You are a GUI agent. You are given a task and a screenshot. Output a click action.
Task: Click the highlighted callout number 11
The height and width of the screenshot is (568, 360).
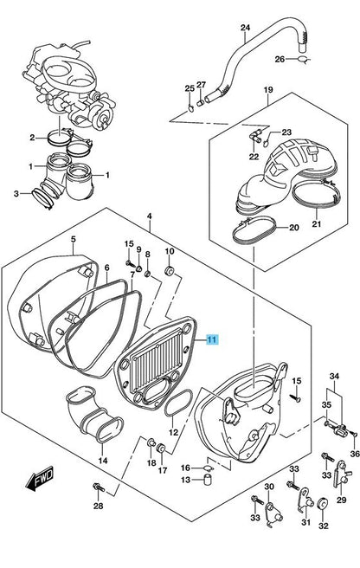pyautogui.click(x=212, y=339)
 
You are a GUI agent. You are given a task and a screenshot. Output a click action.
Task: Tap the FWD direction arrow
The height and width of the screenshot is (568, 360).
pyautogui.click(x=39, y=478)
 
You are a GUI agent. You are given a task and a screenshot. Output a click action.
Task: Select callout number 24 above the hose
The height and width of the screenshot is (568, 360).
pyautogui.click(x=245, y=28)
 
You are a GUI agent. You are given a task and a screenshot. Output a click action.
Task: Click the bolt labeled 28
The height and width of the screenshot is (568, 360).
pyautogui.click(x=99, y=487)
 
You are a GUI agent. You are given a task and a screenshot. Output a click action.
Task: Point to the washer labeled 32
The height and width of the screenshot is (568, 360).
pyautogui.click(x=321, y=505)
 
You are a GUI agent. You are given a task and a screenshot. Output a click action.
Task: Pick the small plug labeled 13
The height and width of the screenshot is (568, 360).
pyautogui.click(x=207, y=479)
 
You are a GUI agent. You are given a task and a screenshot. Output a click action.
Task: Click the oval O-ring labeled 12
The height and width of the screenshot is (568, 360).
pyautogui.click(x=177, y=403)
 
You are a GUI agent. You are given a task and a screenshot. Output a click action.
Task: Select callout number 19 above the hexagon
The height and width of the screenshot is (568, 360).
pyautogui.click(x=268, y=89)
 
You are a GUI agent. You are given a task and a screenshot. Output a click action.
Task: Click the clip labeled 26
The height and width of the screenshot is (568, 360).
pyautogui.click(x=304, y=60)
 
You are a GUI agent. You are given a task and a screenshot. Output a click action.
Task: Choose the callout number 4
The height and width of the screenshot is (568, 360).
pyautogui.click(x=150, y=216)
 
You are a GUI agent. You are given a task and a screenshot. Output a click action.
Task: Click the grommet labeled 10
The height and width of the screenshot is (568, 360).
pyautogui.click(x=170, y=271)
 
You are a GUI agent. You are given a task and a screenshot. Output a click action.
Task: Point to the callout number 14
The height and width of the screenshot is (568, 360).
pyautogui.click(x=103, y=461)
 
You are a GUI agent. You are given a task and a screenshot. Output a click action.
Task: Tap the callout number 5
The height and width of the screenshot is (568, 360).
pyautogui.click(x=74, y=239)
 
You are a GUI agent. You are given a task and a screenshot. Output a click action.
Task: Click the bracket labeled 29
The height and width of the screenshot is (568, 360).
pyautogui.click(x=341, y=474)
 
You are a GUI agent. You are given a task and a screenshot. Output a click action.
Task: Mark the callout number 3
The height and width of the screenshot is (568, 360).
pyautogui.click(x=16, y=193)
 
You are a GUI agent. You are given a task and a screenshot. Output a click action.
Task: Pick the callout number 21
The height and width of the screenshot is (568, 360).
pyautogui.click(x=317, y=224)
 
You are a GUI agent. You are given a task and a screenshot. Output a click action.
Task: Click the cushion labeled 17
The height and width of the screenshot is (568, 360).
pyautogui.click(x=160, y=448)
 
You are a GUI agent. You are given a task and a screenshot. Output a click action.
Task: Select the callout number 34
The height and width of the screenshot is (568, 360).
pyautogui.click(x=334, y=377)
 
